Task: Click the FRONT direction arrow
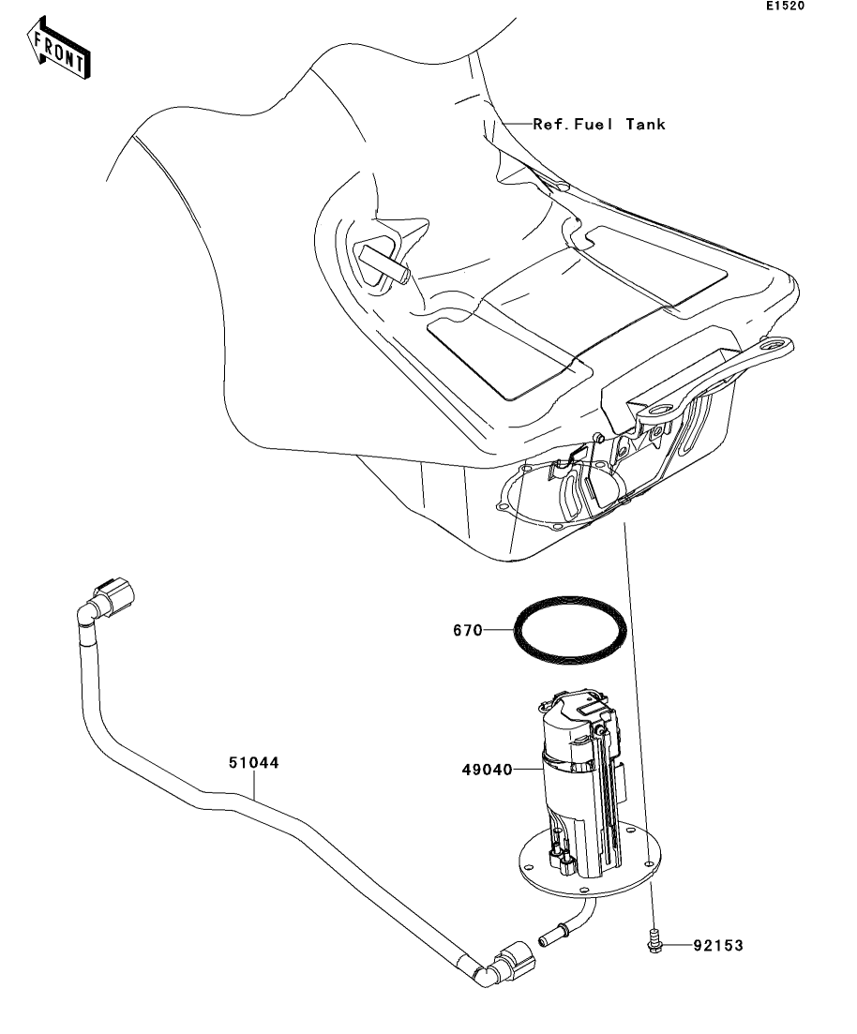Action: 59,49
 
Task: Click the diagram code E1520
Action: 785,6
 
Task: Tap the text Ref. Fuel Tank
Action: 599,124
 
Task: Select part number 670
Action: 468,630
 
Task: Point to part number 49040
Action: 488,770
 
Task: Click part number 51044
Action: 254,762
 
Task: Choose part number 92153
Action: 718,946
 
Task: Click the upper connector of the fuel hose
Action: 113,597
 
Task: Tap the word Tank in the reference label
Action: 645,124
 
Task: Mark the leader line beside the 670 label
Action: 499,630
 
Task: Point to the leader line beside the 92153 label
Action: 678,945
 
